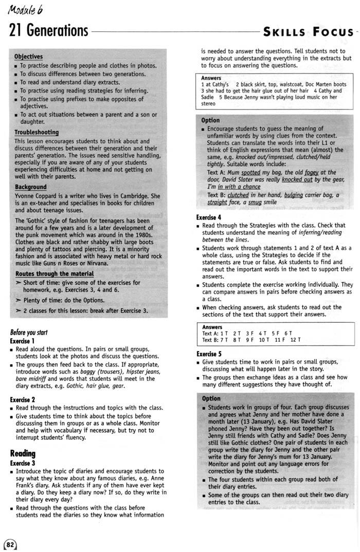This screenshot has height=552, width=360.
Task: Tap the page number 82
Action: pos(10,544)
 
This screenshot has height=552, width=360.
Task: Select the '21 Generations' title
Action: pos(48,31)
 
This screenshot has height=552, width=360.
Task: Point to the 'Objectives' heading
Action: pos(28,57)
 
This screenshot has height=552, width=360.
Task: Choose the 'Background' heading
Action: pos(30,187)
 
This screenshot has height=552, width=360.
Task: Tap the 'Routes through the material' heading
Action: pos(55,274)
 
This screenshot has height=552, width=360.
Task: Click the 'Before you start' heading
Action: pos(29,332)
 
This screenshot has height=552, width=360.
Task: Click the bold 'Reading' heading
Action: pos(23,453)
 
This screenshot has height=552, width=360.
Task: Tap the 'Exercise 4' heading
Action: pos(209,217)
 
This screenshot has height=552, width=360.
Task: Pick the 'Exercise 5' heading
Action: pos(209,354)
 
